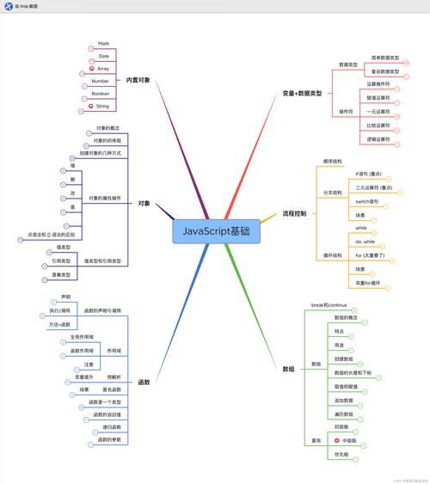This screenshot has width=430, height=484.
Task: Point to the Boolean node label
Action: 101,93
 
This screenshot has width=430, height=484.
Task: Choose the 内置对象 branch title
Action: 137,80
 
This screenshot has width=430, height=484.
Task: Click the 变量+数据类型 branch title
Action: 302,92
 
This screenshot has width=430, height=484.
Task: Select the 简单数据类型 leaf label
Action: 385,58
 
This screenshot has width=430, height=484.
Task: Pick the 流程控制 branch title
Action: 294,213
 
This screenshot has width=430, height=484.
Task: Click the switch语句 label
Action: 367,200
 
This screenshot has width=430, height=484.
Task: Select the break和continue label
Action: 328,306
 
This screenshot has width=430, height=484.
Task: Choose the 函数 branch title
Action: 144,382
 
